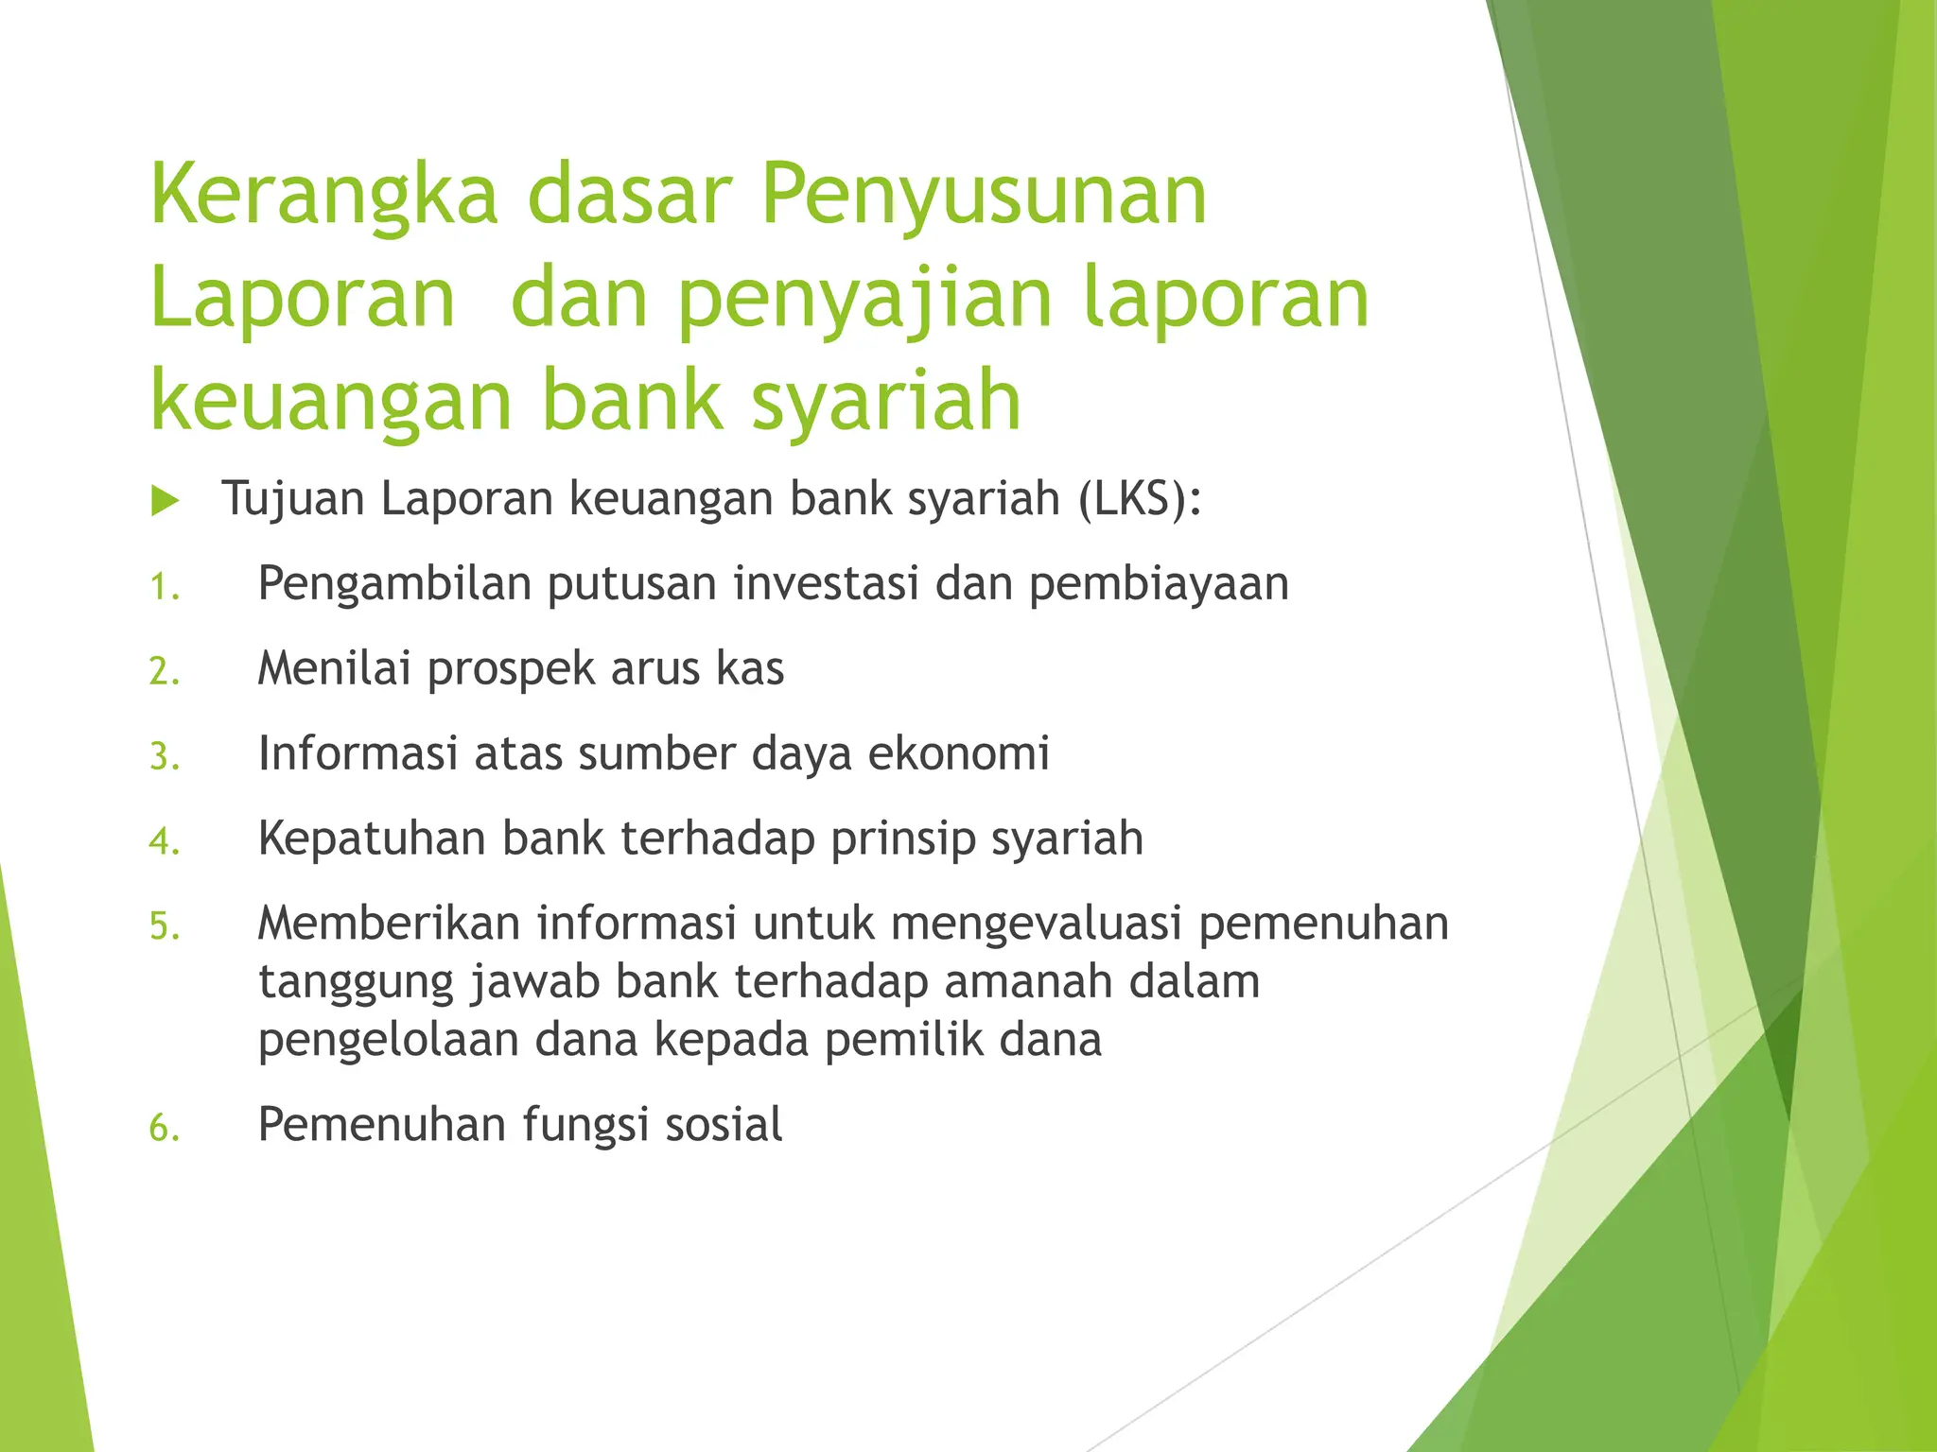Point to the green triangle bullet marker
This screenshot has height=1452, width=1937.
click(165, 501)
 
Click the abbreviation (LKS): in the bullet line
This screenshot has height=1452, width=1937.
click(1140, 498)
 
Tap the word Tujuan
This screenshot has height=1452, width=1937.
click(292, 499)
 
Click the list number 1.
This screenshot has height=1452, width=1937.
click(163, 588)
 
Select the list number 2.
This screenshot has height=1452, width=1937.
click(163, 672)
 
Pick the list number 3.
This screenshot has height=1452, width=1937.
click(163, 757)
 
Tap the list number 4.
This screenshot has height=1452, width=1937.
click(163, 841)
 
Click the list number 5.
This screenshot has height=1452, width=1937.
click(163, 926)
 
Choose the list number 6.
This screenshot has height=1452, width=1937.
click(163, 1128)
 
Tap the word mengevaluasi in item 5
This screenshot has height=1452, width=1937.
click(1037, 925)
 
